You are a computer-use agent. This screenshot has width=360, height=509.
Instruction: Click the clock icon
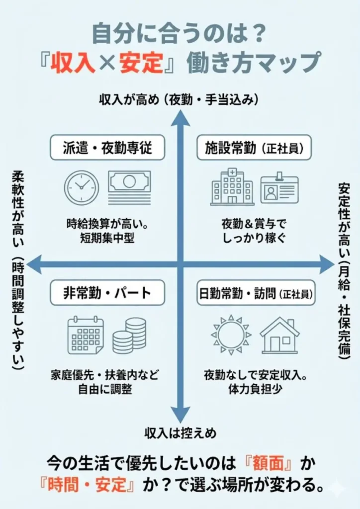pyautogui.click(x=82, y=187)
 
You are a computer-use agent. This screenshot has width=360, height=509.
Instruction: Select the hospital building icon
pyautogui.click(x=232, y=186)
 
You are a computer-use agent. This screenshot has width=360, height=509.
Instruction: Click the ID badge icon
pyautogui.click(x=279, y=188)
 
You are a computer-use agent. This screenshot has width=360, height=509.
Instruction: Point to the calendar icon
pyautogui.click(x=86, y=335)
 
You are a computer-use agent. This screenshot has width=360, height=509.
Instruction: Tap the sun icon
pyautogui.click(x=231, y=335)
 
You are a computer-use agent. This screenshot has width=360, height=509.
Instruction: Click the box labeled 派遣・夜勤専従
pyautogui.click(x=107, y=148)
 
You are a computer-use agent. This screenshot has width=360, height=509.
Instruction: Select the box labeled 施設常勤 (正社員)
pyautogui.click(x=254, y=148)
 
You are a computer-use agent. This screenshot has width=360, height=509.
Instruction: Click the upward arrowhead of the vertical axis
pyautogui.click(x=180, y=117)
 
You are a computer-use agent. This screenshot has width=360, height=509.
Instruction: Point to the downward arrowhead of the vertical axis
pyautogui.click(x=180, y=414)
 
